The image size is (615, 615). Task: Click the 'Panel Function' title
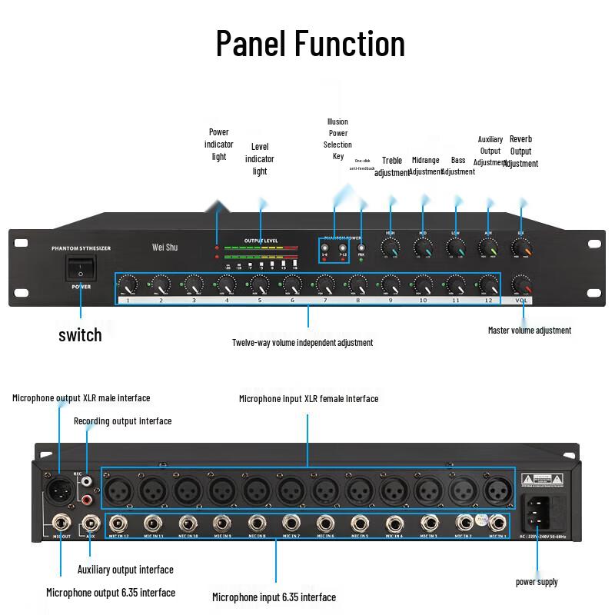coord(310,43)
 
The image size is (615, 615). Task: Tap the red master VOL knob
coord(524,287)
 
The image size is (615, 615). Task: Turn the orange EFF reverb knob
coord(522,248)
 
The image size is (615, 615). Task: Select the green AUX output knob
coord(488,248)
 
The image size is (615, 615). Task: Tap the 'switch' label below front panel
coord(80,334)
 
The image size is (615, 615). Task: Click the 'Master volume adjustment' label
coord(530,331)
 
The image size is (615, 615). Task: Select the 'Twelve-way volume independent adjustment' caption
coord(302,342)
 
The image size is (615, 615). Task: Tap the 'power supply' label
coord(537,582)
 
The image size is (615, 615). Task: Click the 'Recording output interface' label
coord(122,421)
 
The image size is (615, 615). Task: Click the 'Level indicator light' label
coord(260,158)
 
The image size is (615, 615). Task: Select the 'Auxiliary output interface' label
coord(125,570)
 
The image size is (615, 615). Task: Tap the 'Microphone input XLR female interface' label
coord(308,398)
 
